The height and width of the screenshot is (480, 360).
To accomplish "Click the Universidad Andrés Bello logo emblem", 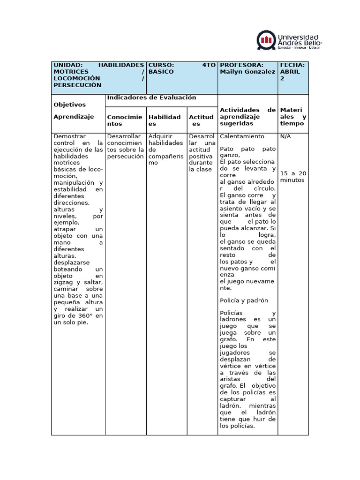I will (266, 40).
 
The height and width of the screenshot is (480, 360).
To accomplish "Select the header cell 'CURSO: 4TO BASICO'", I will (182, 68).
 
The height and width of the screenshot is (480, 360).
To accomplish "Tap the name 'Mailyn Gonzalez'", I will (247, 72).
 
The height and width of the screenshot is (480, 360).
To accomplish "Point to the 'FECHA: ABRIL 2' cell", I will (292, 72).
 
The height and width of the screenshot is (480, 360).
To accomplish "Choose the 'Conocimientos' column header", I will (125, 120).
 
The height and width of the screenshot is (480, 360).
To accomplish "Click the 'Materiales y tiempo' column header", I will (293, 117).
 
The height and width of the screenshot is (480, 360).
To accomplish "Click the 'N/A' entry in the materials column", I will (285, 136).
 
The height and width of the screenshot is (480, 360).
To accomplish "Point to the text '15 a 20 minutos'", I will (292, 177).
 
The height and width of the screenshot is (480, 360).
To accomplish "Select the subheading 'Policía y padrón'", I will (244, 300).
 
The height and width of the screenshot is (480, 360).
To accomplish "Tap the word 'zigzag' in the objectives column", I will (66, 282).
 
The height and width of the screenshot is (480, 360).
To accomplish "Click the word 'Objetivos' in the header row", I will (70, 105).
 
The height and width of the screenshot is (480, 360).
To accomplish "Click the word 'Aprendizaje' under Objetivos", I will (74, 117).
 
